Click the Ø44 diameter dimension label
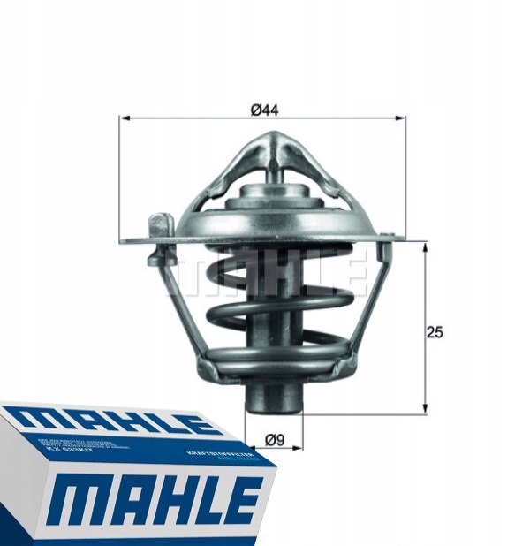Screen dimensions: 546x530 pos(264,110)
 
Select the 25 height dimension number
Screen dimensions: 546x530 pos(435,333)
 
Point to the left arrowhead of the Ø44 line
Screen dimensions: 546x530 pos(124,118)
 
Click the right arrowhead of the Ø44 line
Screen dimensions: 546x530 pos(402,118)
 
